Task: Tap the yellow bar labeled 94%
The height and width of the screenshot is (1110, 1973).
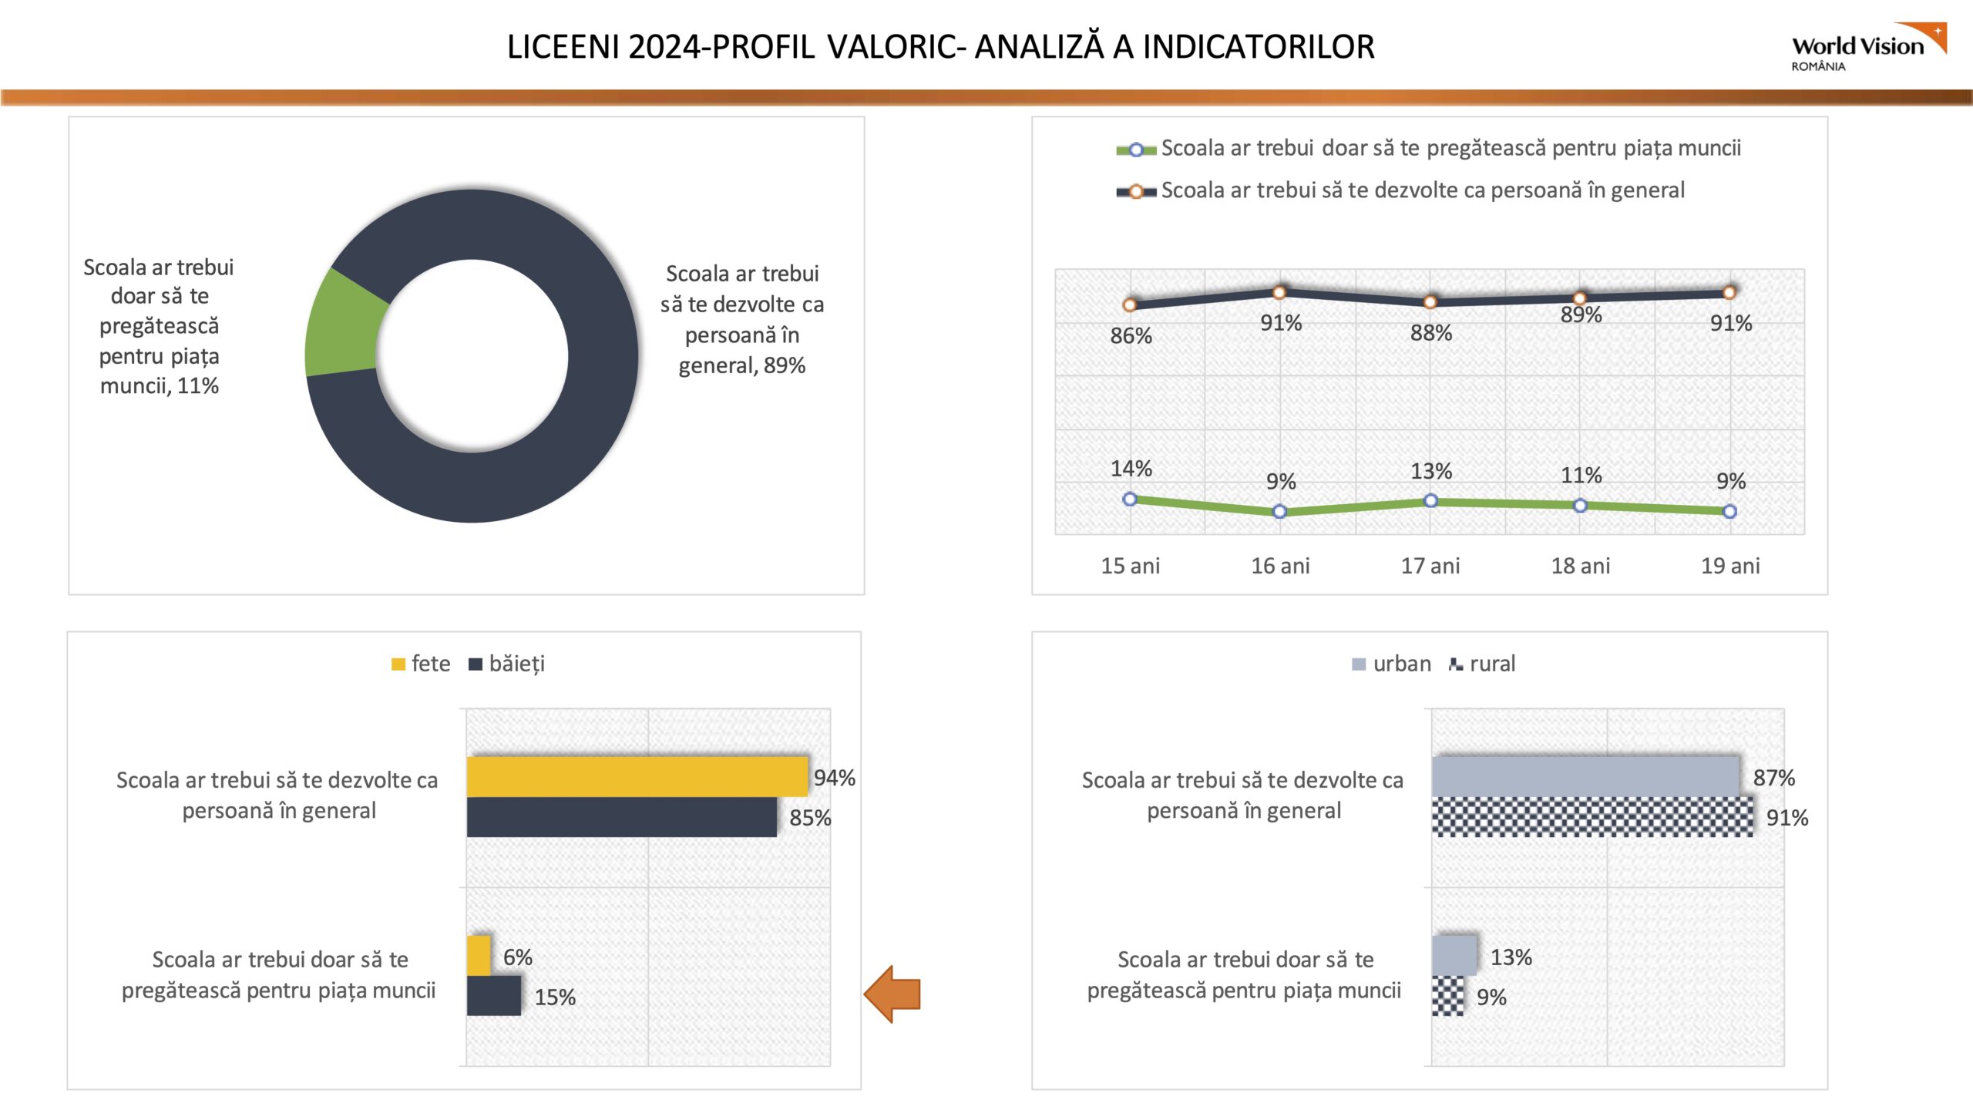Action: [637, 776]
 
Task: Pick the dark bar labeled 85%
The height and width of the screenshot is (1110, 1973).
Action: [621, 817]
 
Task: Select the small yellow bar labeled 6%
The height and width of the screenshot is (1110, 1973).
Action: [479, 956]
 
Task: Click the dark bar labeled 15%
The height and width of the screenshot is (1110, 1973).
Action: [493, 996]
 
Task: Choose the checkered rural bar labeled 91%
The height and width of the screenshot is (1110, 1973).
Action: [1592, 817]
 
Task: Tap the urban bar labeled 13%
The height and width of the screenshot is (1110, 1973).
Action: [1454, 956]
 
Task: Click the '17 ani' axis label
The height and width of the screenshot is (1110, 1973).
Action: [1430, 566]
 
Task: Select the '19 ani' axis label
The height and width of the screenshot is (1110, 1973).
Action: [1730, 566]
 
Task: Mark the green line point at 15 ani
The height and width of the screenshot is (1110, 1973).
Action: [1130, 499]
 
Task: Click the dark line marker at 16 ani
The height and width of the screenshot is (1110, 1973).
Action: [1279, 293]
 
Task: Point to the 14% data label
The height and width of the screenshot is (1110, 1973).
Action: [1131, 469]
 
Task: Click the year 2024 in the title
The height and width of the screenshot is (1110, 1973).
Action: [662, 47]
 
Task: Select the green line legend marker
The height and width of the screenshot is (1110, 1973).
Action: [1136, 150]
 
